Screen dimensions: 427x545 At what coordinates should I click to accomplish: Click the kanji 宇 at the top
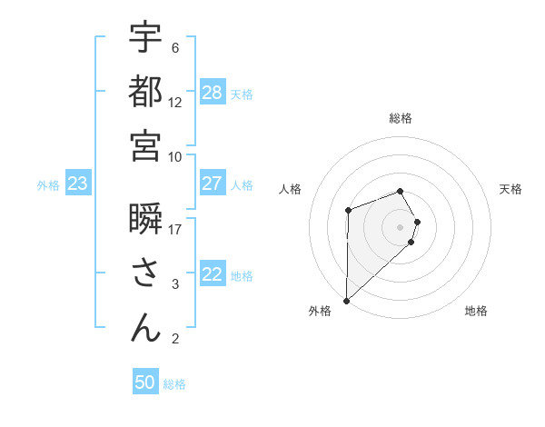145,37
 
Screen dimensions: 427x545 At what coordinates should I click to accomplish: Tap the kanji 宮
145,144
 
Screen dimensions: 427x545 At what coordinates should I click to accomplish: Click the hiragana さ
145,273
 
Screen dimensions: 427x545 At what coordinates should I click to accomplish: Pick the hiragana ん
145,327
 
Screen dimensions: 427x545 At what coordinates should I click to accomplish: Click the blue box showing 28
213,92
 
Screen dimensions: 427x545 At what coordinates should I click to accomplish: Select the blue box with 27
213,184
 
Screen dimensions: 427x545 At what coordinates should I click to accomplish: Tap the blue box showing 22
213,274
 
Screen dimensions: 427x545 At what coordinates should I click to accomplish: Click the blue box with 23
78,184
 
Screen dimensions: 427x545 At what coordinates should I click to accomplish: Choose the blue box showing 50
145,382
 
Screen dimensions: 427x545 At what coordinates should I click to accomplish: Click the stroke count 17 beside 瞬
175,229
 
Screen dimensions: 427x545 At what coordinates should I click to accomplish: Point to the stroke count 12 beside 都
175,102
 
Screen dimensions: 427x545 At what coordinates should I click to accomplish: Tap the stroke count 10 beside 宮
175,155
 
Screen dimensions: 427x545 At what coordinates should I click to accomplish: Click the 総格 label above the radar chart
401,118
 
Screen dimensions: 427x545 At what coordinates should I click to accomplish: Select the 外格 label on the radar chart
320,311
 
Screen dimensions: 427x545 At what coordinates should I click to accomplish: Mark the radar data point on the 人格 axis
348,211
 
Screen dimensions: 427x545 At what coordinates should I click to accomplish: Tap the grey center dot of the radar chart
401,225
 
